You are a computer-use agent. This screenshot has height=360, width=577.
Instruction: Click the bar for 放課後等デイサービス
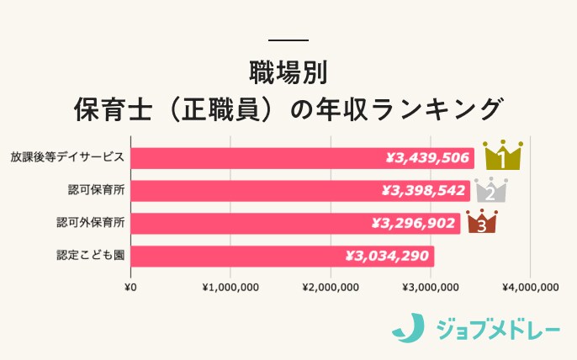(252, 157)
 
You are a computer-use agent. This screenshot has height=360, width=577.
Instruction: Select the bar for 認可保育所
(252, 190)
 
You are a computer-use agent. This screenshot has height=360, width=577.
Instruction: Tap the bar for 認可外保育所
(252, 223)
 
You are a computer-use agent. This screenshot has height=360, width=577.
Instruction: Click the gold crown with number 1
(503, 155)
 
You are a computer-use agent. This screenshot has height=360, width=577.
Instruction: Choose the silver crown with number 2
(490, 189)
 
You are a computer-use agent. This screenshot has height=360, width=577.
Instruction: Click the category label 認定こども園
(90, 256)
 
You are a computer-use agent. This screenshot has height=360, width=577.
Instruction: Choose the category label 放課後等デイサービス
(67, 157)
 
